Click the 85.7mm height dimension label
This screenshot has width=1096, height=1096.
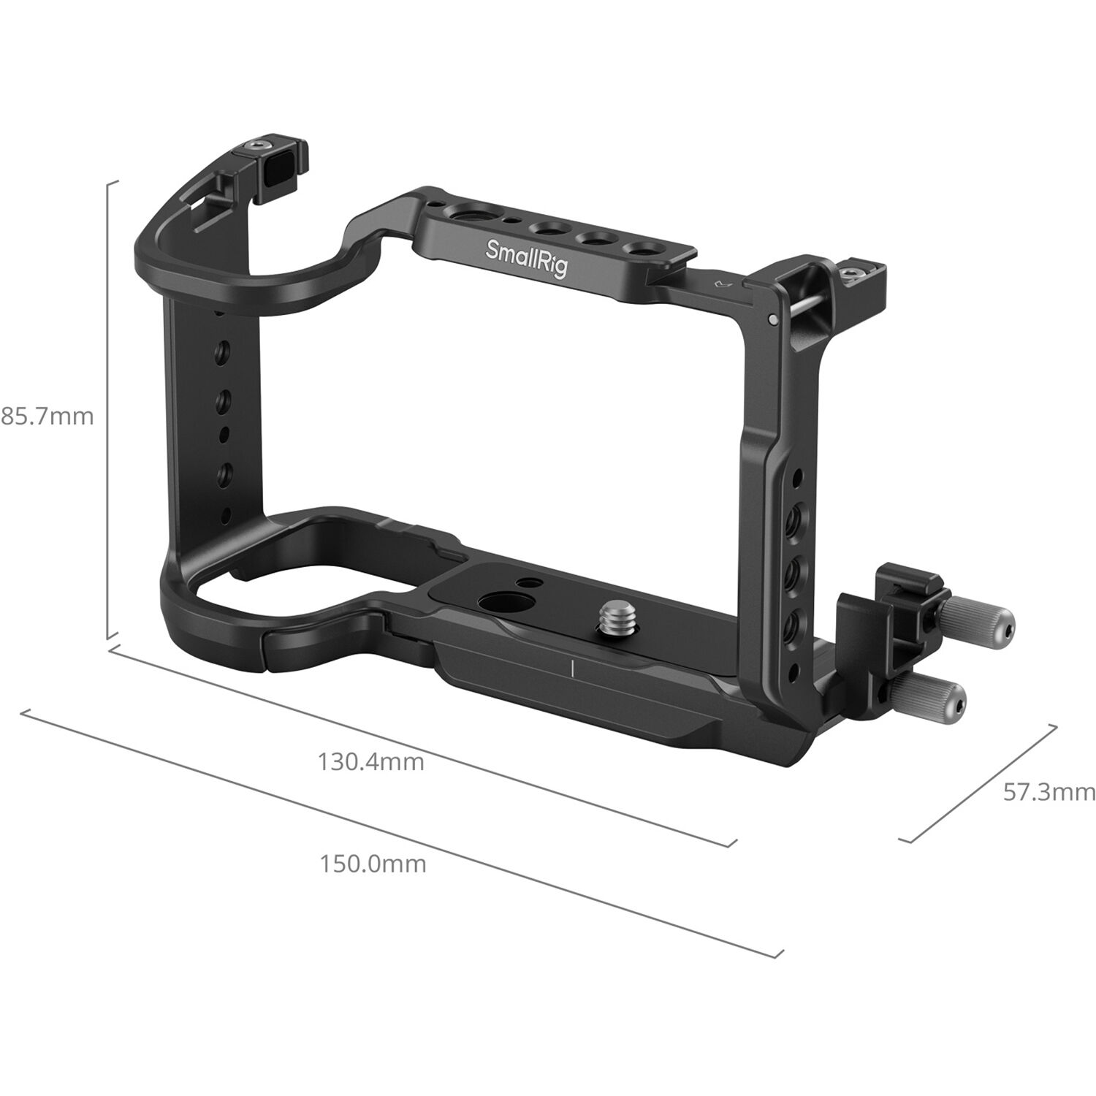point(47,417)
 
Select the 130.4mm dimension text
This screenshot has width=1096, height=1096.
point(370,762)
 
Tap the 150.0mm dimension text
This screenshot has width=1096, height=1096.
point(373,864)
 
